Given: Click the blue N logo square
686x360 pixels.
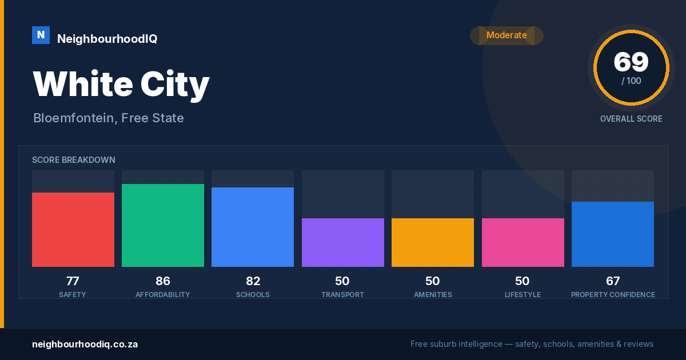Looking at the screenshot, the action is tap(41, 35).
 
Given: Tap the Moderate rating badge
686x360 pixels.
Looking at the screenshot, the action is tap(506, 35).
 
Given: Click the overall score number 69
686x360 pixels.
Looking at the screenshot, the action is tap(631, 62).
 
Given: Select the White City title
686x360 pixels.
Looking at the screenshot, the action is tap(121, 85).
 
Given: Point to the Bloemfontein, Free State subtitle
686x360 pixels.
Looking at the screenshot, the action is tap(109, 118).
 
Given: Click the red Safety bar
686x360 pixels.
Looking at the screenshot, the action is tap(73, 230).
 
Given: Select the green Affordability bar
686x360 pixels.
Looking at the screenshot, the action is tap(163, 225).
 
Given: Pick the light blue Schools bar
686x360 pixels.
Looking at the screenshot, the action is tap(253, 227).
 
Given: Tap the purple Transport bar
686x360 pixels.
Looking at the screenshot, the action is tap(343, 242).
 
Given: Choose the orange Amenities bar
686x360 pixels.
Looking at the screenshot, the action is tap(433, 242).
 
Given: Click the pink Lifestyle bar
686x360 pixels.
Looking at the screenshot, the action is tap(523, 242).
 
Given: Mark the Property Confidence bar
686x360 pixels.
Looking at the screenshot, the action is tap(613, 234).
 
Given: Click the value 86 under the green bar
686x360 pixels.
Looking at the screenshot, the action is tap(162, 281).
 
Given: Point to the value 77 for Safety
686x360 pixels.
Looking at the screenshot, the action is tap(73, 281).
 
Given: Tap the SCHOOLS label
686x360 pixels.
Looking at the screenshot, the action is tap(253, 294).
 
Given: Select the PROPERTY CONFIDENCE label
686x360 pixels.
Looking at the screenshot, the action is tap(613, 294).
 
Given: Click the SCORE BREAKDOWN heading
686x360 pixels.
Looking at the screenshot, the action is tap(74, 160).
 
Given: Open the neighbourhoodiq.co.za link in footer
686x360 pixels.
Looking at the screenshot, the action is tap(85, 345).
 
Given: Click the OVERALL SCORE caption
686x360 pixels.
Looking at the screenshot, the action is tap(631, 119).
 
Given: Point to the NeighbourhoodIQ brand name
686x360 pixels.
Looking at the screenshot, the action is tap(107, 39).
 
